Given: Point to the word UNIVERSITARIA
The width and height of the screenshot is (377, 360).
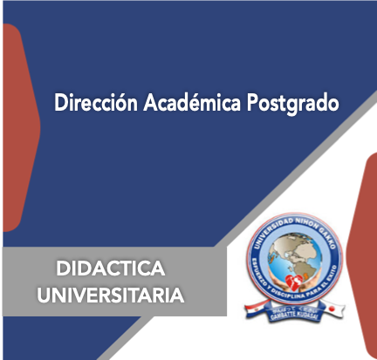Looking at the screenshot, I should (110, 295).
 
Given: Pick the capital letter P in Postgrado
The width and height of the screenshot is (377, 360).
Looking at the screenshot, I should (253, 103).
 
